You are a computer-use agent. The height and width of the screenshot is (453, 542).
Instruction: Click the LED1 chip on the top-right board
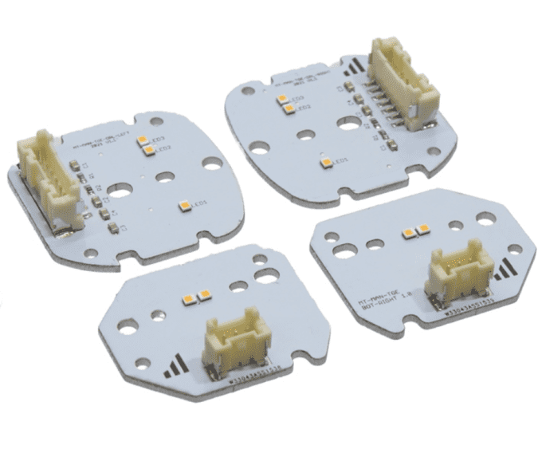pyautogui.click(x=326, y=163)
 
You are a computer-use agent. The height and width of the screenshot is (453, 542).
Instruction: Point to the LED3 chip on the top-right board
pyautogui.click(x=283, y=99)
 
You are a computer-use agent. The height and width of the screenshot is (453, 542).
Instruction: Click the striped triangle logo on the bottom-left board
pyautogui.click(x=178, y=368)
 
